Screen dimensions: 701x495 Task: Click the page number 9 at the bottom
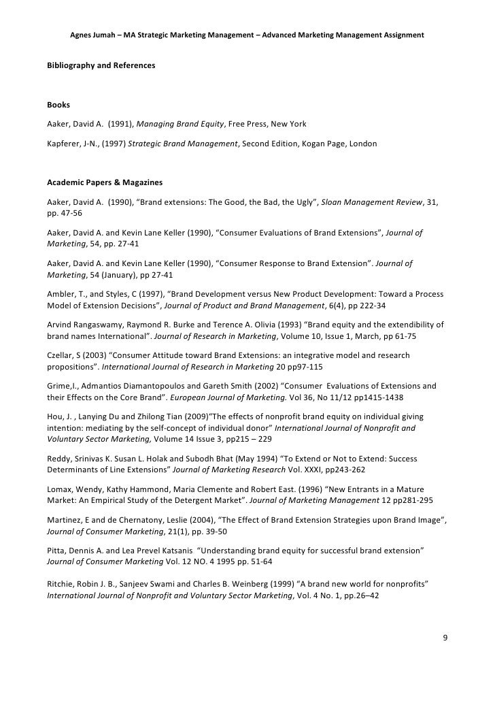(445, 638)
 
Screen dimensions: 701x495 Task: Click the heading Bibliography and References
(101, 65)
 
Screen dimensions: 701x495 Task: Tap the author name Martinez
(65, 518)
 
